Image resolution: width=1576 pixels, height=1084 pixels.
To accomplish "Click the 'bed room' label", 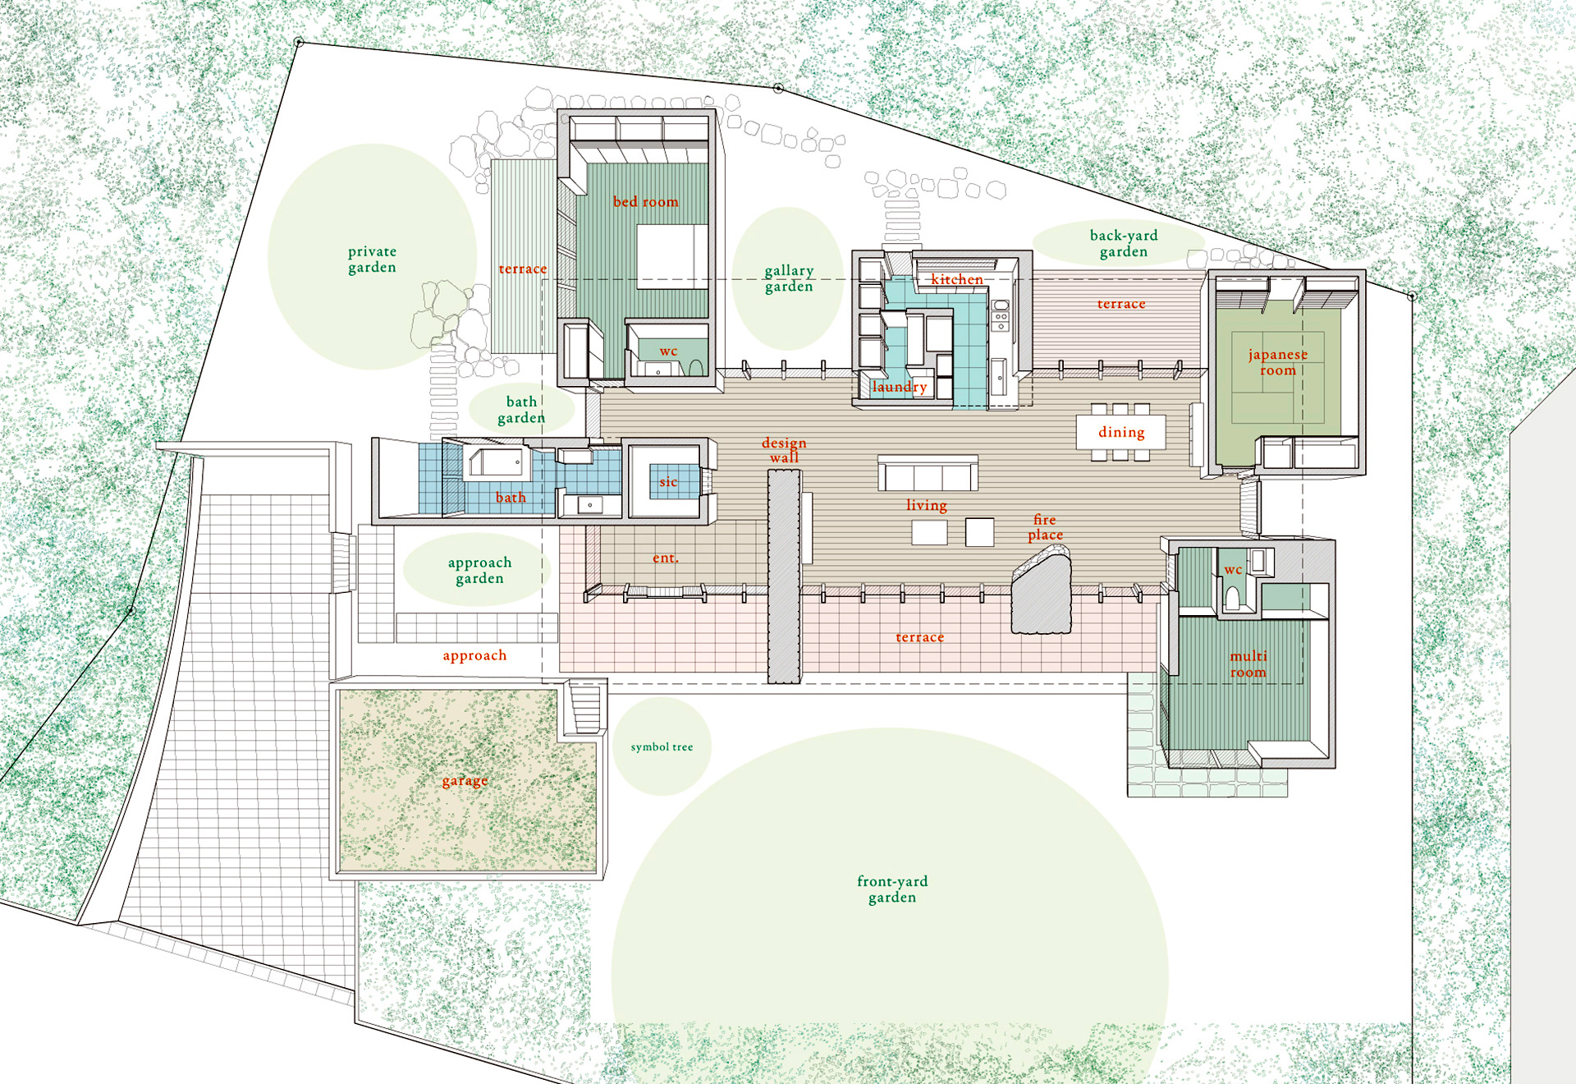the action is [645, 202].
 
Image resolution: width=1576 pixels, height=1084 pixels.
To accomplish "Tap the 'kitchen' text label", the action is [956, 279].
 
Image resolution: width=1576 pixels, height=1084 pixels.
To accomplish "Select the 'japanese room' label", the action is [1278, 362].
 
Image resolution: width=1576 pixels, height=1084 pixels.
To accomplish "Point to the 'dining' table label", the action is [1121, 433].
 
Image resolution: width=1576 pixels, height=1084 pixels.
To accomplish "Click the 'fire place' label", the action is [1045, 527].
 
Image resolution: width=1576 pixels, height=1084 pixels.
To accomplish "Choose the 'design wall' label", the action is [784, 450].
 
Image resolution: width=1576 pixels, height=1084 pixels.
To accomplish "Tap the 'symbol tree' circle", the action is [662, 746].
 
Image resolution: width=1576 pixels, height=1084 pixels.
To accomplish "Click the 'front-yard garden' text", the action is [892, 889].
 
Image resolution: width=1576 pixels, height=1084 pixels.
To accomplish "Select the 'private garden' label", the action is [372, 260].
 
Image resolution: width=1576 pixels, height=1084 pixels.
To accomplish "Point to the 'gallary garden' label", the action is [789, 278].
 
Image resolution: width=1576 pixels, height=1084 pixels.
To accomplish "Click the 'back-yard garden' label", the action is [1124, 244].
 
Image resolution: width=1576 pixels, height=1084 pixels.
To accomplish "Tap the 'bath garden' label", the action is [521, 410].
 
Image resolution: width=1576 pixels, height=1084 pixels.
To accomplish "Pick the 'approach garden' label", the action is [479, 571].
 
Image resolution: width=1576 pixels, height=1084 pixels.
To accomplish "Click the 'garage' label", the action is [465, 781].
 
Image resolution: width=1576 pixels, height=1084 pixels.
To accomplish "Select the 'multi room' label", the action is [1248, 664].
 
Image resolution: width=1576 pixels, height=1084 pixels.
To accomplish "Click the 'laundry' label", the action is [900, 387].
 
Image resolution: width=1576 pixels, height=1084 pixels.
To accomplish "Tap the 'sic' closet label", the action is [668, 482].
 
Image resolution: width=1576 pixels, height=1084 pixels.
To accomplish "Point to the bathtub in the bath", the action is [497, 463].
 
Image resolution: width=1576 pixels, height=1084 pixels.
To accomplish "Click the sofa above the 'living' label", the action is [928, 473].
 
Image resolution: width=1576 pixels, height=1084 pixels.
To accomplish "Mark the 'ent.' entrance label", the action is [666, 558].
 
